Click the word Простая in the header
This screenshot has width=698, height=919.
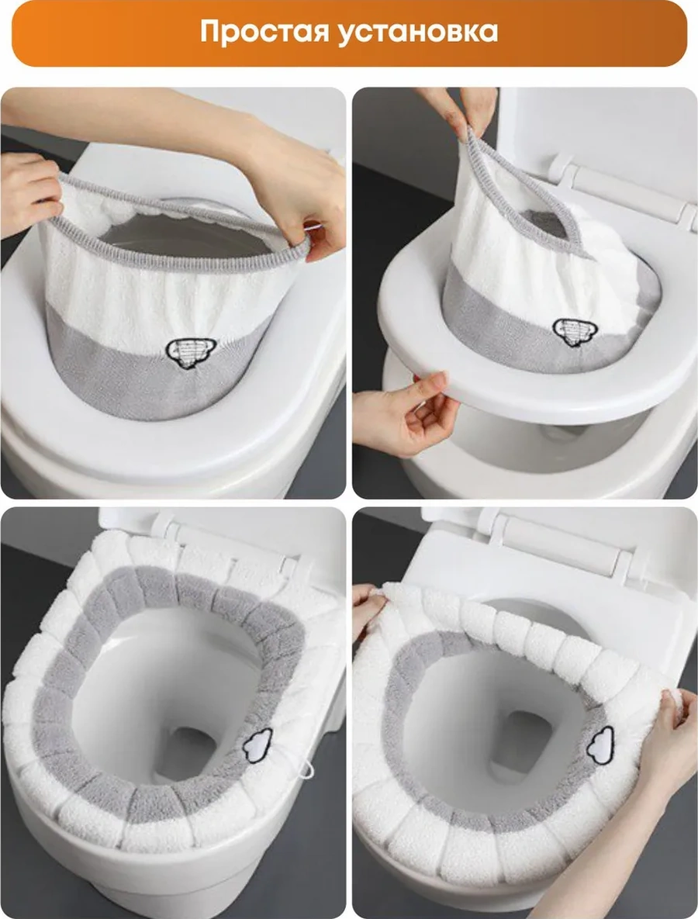coord(265,32)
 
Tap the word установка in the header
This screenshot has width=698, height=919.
coord(419,33)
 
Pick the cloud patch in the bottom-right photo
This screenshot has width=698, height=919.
coord(600,745)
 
